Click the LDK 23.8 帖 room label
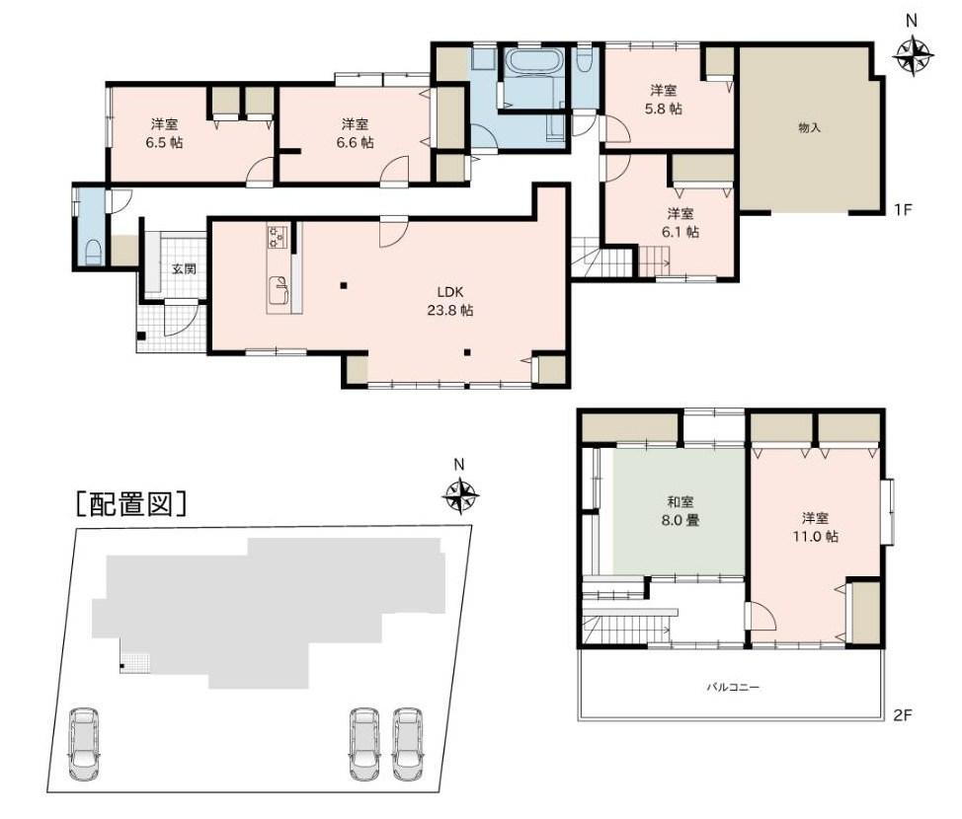[449, 301]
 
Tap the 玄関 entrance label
[184, 268]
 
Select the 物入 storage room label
[809, 128]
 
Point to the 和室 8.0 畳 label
[680, 511]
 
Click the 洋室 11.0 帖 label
[815, 527]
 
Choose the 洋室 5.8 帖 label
[663, 100]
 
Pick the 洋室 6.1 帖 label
[681, 223]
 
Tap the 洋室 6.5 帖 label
[164, 133]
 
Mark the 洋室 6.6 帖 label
[355, 133]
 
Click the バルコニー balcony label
[733, 687]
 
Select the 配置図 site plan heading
[130, 504]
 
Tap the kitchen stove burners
[277, 236]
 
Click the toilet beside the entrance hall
[93, 251]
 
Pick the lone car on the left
[84, 744]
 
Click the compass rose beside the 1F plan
[913, 56]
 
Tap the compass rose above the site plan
[460, 495]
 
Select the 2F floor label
[903, 714]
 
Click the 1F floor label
[903, 209]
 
